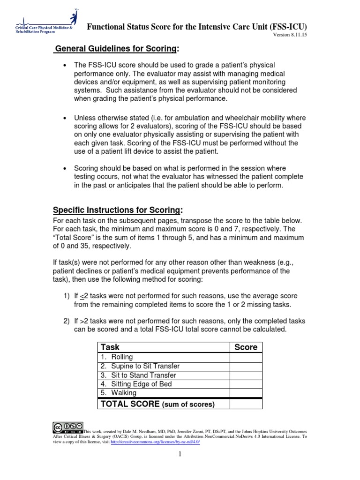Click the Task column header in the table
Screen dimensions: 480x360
click(110, 347)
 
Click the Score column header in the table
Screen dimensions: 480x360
click(246, 347)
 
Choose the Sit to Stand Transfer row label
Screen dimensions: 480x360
click(137, 375)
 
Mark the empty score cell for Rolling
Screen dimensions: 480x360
click(246, 357)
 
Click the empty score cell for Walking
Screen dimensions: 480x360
click(246, 393)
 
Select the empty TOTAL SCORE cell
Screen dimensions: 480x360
click(246, 404)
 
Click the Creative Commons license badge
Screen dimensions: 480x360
click(67, 427)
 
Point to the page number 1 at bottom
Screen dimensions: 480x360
click(180, 466)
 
